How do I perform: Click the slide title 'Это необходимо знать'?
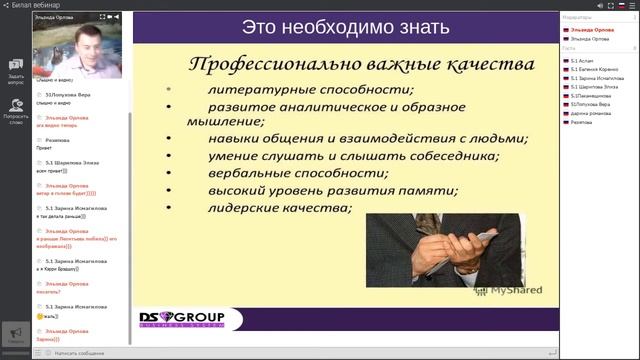tap(344, 27)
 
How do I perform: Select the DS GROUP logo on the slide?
tap(182, 320)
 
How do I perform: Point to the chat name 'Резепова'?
tap(57, 141)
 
